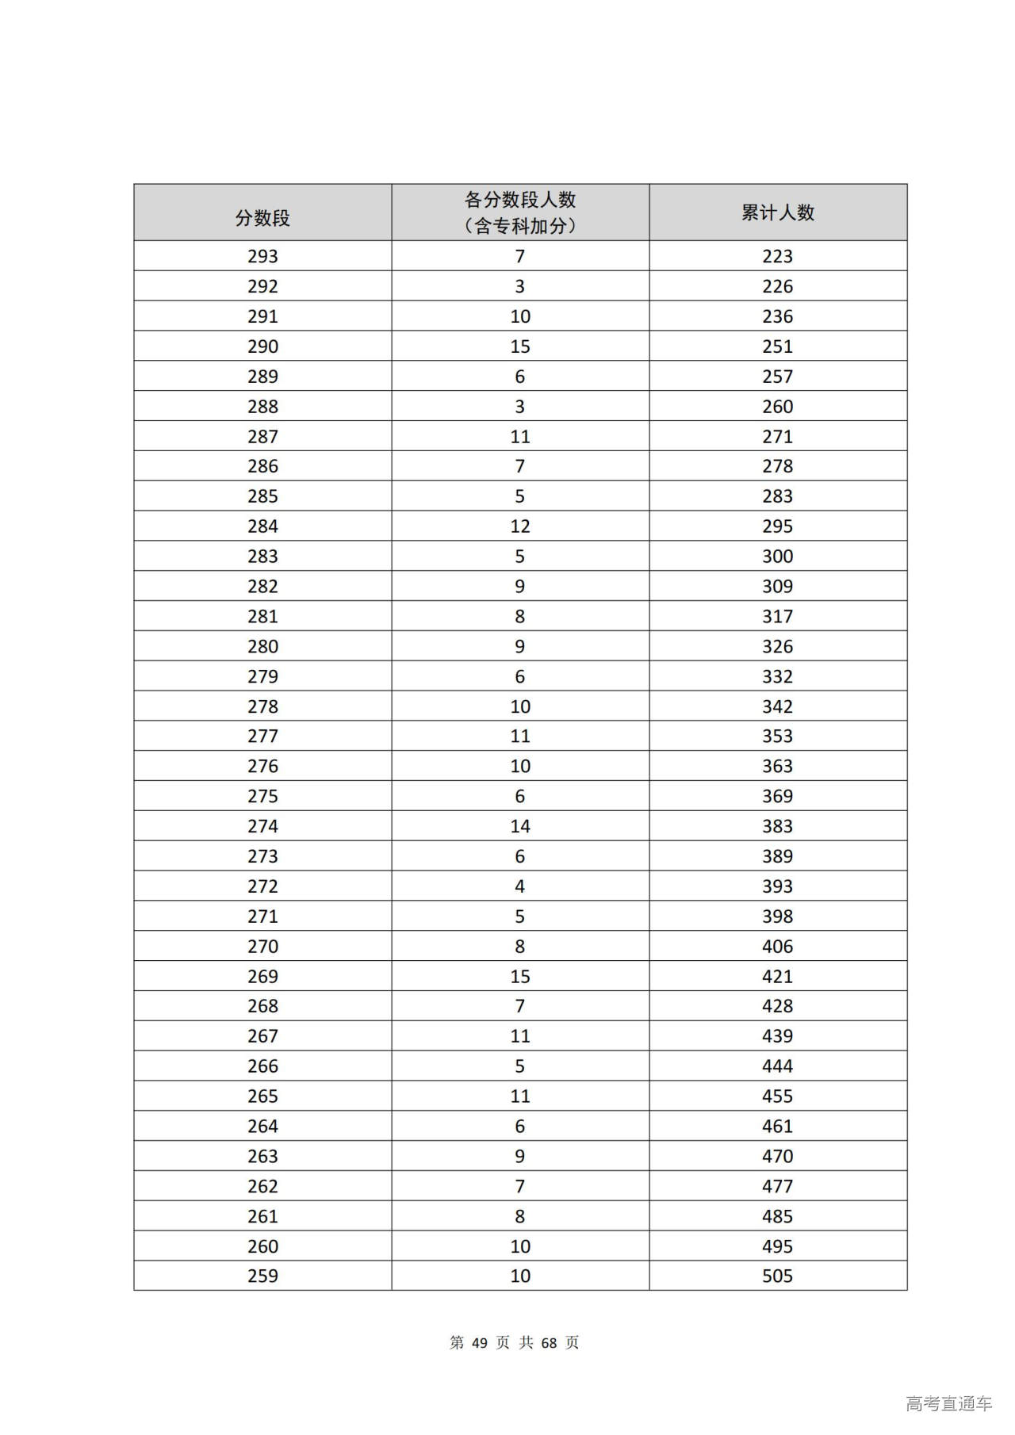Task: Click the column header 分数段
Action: click(262, 218)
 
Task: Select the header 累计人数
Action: click(777, 212)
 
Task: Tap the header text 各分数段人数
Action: click(519, 200)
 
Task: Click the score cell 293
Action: click(262, 256)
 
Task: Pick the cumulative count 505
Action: click(777, 1276)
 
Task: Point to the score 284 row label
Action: click(262, 526)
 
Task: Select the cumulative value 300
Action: click(777, 557)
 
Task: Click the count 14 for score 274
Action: click(519, 826)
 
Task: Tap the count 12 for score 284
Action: click(519, 526)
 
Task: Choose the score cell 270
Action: click(262, 946)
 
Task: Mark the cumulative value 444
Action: click(777, 1066)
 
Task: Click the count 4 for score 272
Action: click(519, 886)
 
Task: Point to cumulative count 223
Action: click(777, 256)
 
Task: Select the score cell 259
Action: click(262, 1276)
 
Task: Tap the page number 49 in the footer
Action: click(479, 1342)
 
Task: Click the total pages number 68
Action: click(549, 1342)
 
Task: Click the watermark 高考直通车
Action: click(948, 1403)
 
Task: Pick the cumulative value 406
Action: click(777, 946)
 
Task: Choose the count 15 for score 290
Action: click(519, 346)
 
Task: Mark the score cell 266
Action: click(262, 1066)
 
